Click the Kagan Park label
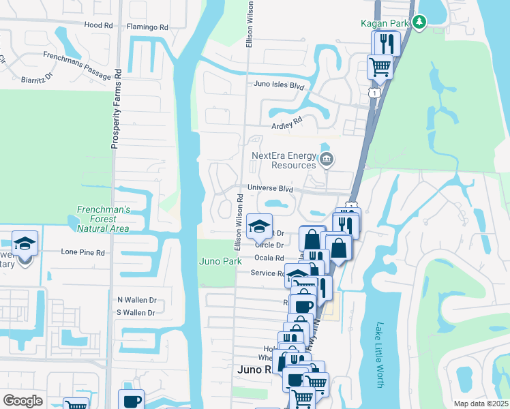click(x=384, y=23)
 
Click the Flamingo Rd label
click(x=147, y=27)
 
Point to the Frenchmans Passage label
click(x=76, y=65)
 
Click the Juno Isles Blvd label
click(x=277, y=86)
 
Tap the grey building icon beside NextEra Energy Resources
click(x=327, y=161)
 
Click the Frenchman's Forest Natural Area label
click(x=102, y=220)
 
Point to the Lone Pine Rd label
click(x=83, y=252)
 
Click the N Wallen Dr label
click(x=137, y=299)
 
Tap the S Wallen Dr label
click(x=136, y=313)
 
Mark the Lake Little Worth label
click(x=380, y=355)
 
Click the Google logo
click(x=22, y=401)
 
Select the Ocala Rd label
click(x=269, y=258)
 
